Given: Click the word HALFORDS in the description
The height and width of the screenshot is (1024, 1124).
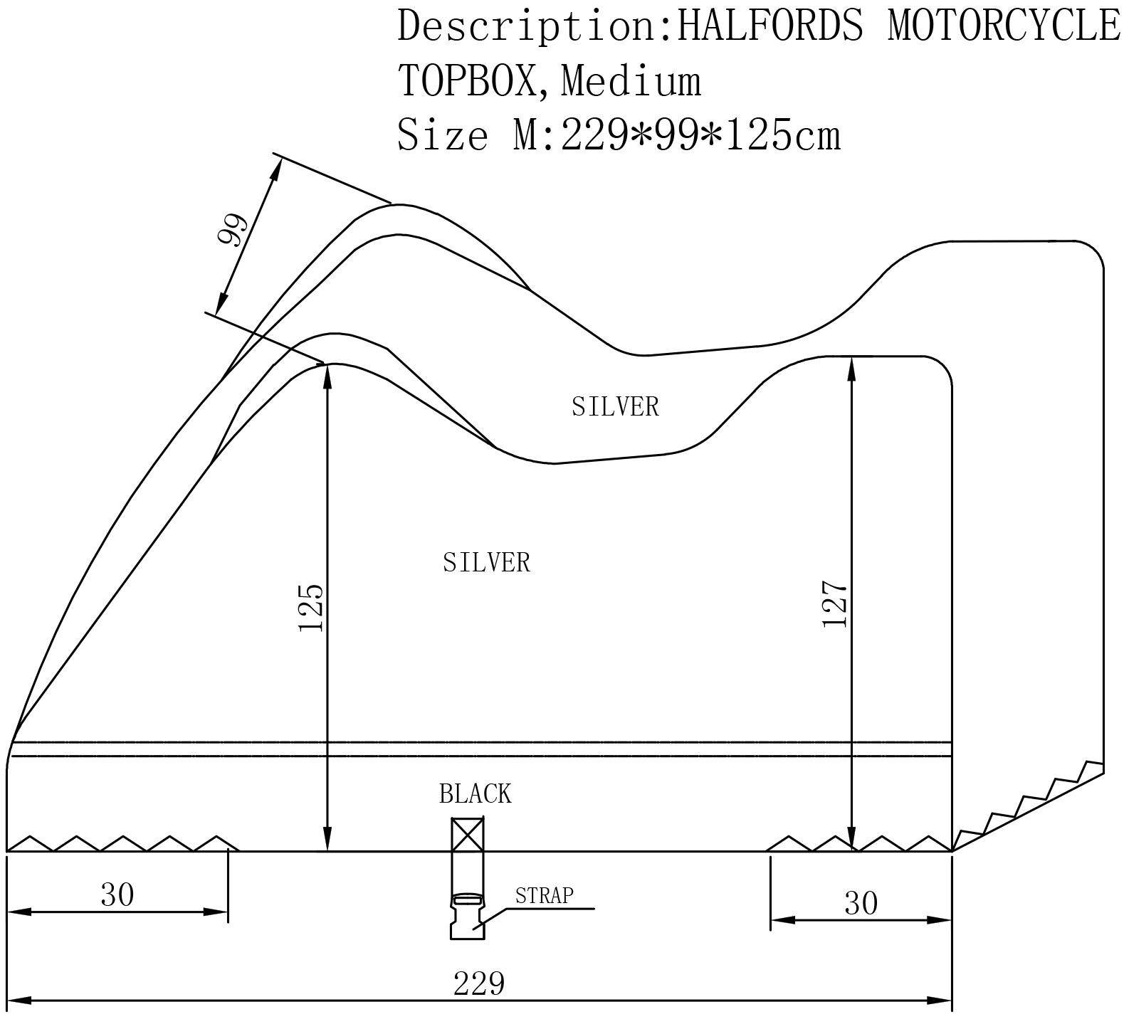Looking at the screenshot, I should pos(770,26).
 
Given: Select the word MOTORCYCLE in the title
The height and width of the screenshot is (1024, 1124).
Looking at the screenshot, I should pos(1004,26).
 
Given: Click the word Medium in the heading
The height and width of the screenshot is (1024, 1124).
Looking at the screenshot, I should pos(631,80).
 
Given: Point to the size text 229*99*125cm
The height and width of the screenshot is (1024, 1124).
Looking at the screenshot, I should pos(700,134).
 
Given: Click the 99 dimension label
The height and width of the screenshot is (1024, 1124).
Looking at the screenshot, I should pos(233,229).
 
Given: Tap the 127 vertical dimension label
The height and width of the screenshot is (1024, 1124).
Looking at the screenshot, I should pos(835,604).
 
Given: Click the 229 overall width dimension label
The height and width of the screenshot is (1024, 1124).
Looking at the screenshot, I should pos(478,983).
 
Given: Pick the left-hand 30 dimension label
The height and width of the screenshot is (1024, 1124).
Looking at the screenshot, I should pos(117,894).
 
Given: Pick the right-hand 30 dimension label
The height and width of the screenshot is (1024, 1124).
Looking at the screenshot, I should pos(861,903).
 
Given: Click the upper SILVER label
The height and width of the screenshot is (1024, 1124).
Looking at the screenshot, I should pos(615,406).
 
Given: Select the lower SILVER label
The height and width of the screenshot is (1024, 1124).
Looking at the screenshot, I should pos(486,562).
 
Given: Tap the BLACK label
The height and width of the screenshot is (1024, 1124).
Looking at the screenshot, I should pos(475,793).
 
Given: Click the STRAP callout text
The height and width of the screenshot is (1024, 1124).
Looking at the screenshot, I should pos(545,895).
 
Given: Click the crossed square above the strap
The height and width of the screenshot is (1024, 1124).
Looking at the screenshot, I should pos(468,834).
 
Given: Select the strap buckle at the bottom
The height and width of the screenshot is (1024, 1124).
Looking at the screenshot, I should pos(467,917).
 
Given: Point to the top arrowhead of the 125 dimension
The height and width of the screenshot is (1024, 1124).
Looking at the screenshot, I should pos(327,374).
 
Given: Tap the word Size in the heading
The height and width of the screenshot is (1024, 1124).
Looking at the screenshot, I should pos(442,134).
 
